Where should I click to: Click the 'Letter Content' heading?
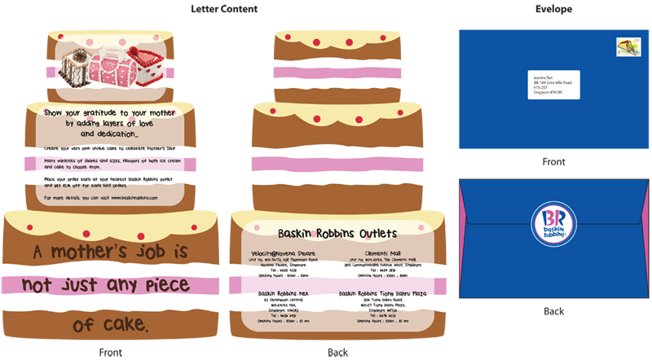click(x=224, y=9)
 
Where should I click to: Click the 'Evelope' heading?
click(x=553, y=9)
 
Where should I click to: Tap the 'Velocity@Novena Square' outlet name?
click(x=284, y=252)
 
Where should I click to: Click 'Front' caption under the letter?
click(x=111, y=352)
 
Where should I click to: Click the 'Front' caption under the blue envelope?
click(x=553, y=162)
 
